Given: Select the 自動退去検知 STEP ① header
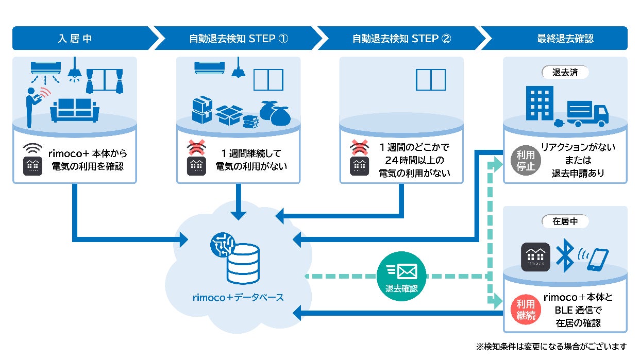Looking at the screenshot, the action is point(239,38).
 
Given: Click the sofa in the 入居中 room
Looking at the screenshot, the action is point(75,111).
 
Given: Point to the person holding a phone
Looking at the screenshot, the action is point(33,107).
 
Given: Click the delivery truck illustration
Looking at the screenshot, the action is point(587,114).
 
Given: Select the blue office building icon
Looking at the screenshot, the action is point(540,104).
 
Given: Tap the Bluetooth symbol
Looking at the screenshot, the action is point(565,255).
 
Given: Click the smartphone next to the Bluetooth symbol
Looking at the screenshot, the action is point(598,260).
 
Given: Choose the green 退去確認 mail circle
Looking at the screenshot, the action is point(401,276).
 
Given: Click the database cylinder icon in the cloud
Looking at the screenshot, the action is point(243,264).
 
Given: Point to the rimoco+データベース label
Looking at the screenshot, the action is point(238,298).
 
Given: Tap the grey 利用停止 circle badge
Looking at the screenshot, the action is point(526,160).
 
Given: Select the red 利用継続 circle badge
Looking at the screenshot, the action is point(526,310).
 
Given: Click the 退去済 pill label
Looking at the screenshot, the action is point(565,72).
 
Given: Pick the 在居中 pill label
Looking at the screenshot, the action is point(565,221).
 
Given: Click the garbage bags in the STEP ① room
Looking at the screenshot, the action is point(275,113).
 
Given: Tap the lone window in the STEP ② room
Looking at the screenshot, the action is point(431,80).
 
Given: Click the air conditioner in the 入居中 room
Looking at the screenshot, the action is point(46,68).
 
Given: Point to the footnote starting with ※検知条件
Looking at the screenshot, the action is point(551,347).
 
